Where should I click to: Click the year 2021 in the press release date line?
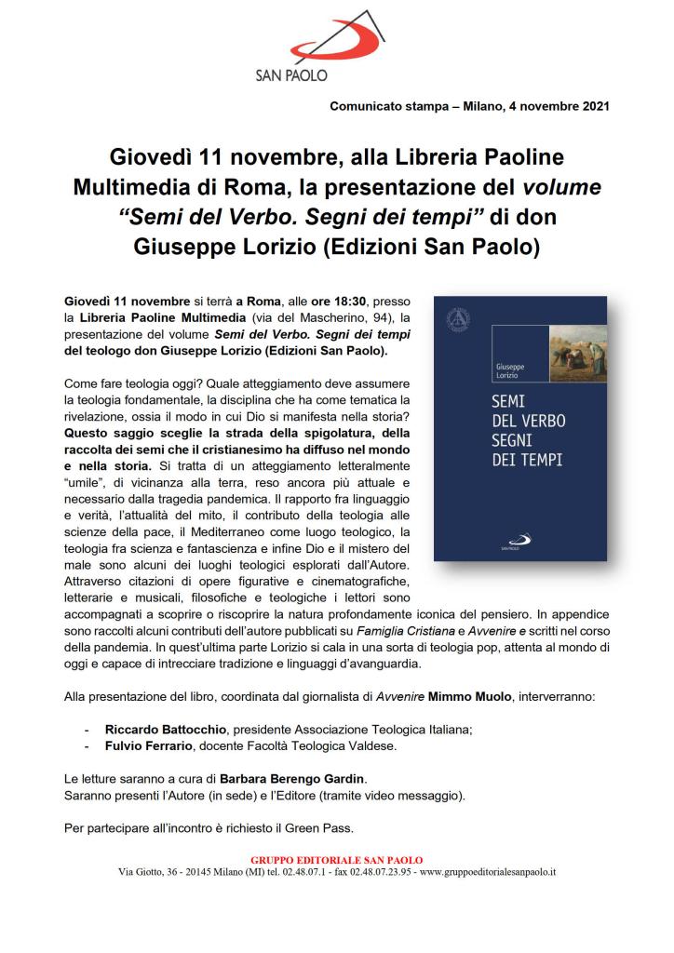pyautogui.click(x=592, y=106)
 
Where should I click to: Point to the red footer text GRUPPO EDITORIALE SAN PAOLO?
pyautogui.click(x=337, y=859)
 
